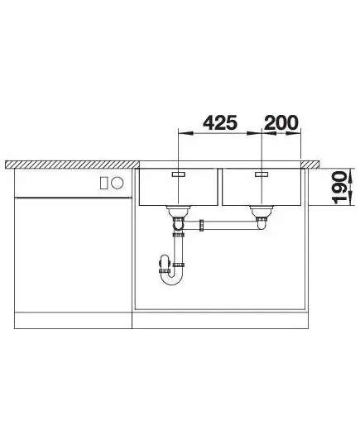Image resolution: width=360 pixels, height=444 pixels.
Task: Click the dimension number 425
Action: click(x=220, y=122)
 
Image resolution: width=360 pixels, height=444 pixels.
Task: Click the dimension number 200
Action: click(x=281, y=122)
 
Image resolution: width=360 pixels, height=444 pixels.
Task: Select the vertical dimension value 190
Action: click(x=339, y=188)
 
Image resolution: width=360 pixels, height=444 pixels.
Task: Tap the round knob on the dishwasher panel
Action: click(x=118, y=183)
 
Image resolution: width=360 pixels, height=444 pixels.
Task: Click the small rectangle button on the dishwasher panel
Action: click(x=104, y=183)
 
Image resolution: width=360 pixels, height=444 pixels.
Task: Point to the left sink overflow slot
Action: click(x=179, y=174)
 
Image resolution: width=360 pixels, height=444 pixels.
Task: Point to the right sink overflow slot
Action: click(x=262, y=174)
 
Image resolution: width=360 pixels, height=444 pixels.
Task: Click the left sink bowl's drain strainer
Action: click(x=178, y=211)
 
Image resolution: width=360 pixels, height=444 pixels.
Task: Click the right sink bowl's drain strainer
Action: click(x=262, y=211)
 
